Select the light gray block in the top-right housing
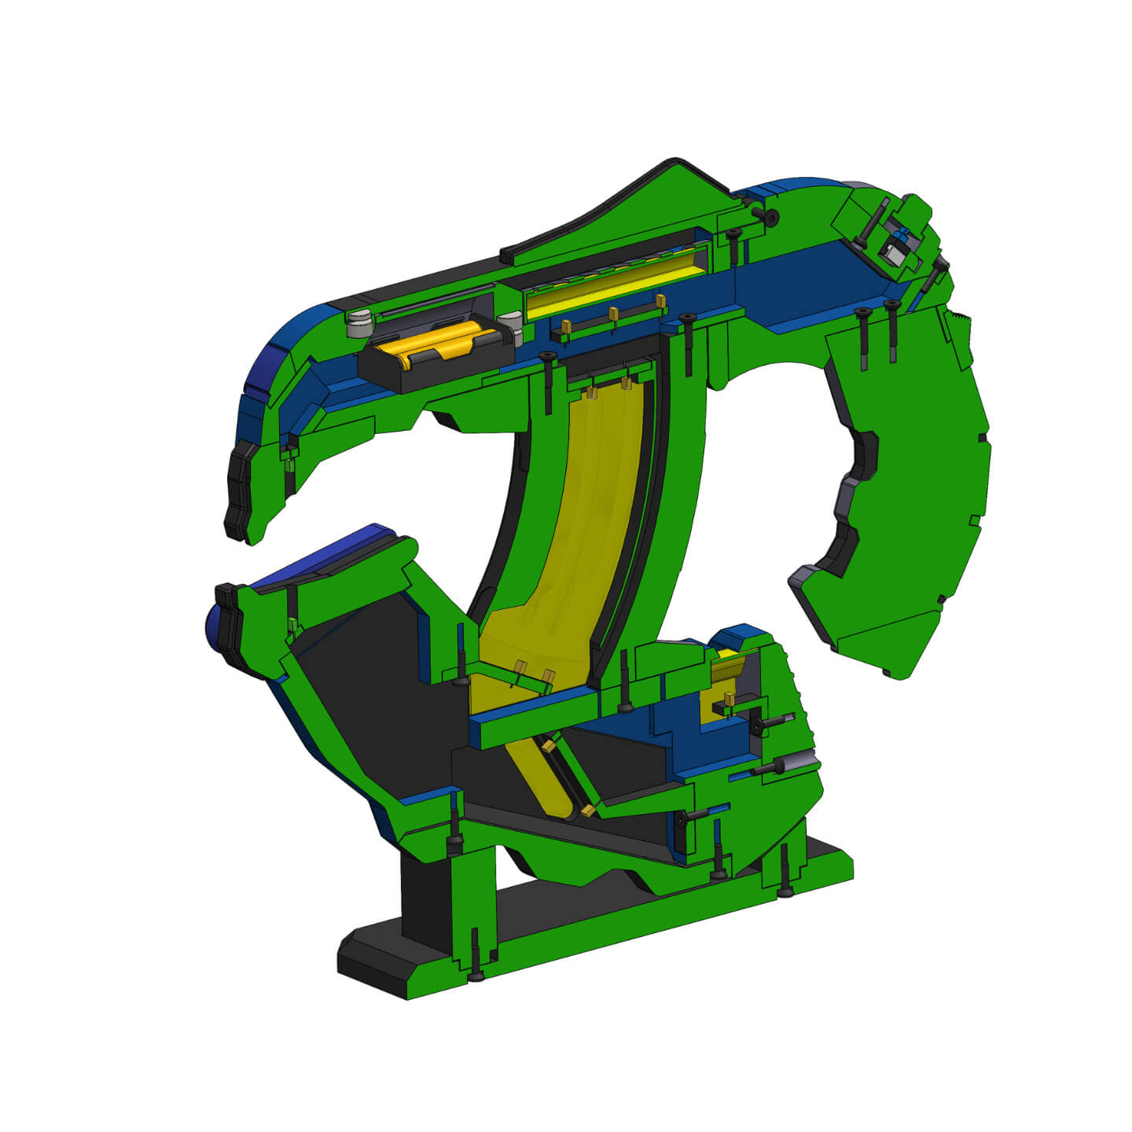click(x=893, y=253)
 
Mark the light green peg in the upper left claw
click(x=289, y=461)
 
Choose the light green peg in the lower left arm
click(x=293, y=625)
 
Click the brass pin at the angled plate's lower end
click(x=586, y=810)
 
